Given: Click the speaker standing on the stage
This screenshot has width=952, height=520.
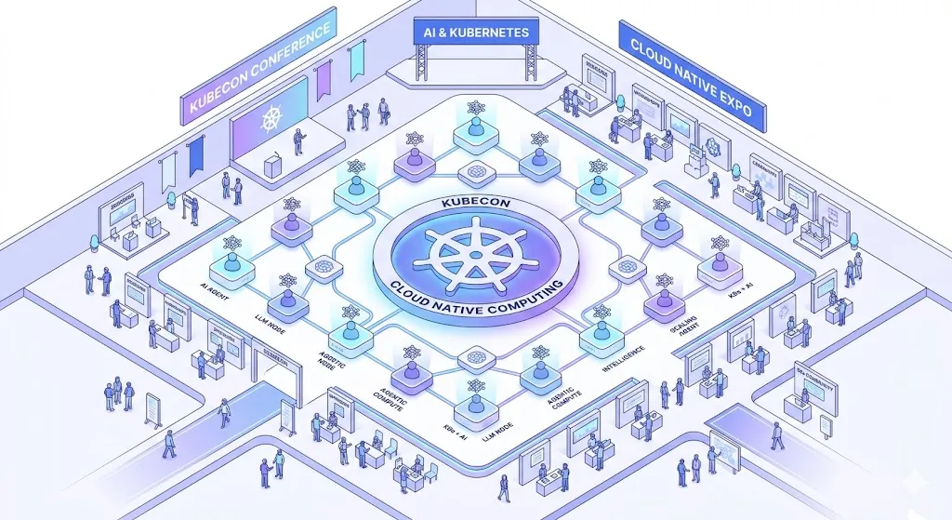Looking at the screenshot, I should (298, 141).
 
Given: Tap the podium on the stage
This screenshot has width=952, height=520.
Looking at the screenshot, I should (271, 166).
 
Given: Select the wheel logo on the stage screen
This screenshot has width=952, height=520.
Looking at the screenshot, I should (271, 121).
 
